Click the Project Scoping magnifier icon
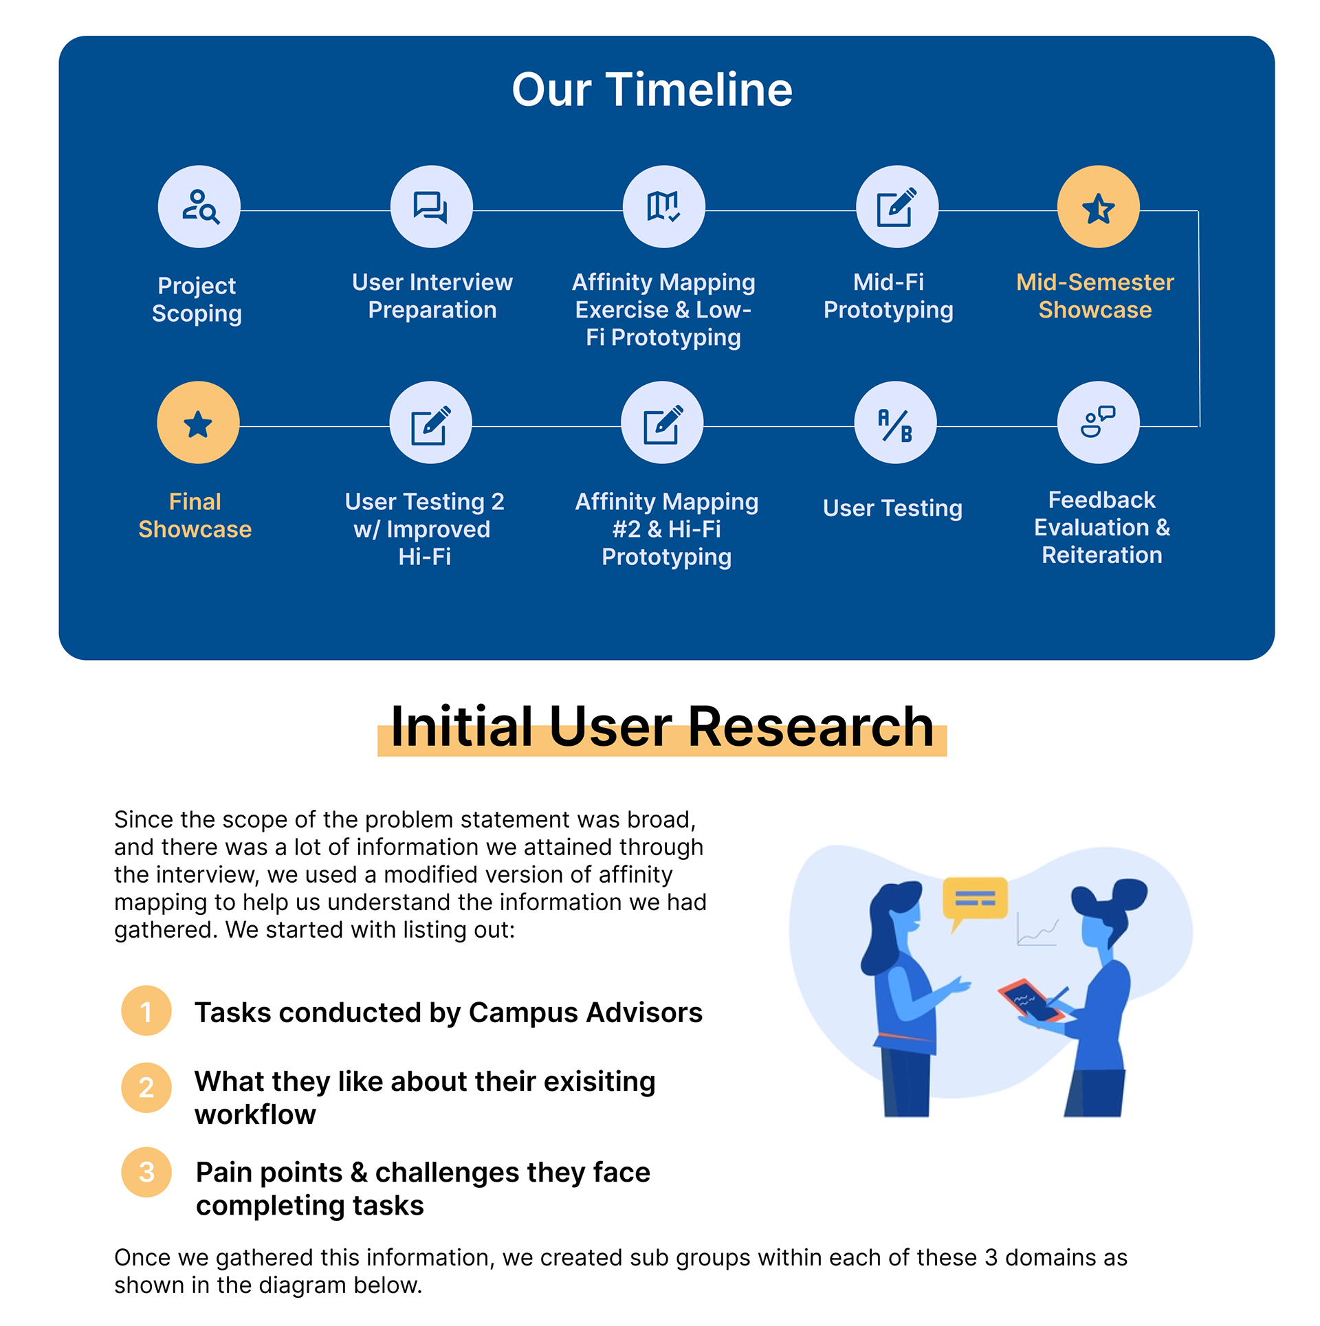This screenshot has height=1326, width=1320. point(199,206)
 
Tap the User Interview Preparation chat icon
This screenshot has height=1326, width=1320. point(431,206)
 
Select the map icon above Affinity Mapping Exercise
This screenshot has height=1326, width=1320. point(663,206)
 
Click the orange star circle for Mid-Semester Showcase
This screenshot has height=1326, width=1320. point(1098,206)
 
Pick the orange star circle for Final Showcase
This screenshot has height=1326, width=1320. point(198,423)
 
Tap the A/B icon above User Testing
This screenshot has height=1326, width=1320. point(895,423)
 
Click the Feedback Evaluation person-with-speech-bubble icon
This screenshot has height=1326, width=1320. point(1098,423)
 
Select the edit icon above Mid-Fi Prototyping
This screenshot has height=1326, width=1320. point(896,206)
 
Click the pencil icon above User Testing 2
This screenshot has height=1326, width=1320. point(430,423)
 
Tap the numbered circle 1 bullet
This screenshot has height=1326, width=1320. point(146,1010)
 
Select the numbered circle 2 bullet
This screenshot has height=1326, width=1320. point(146,1087)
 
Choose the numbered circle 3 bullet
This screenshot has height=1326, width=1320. point(146,1172)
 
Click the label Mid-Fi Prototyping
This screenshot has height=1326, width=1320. point(888,296)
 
